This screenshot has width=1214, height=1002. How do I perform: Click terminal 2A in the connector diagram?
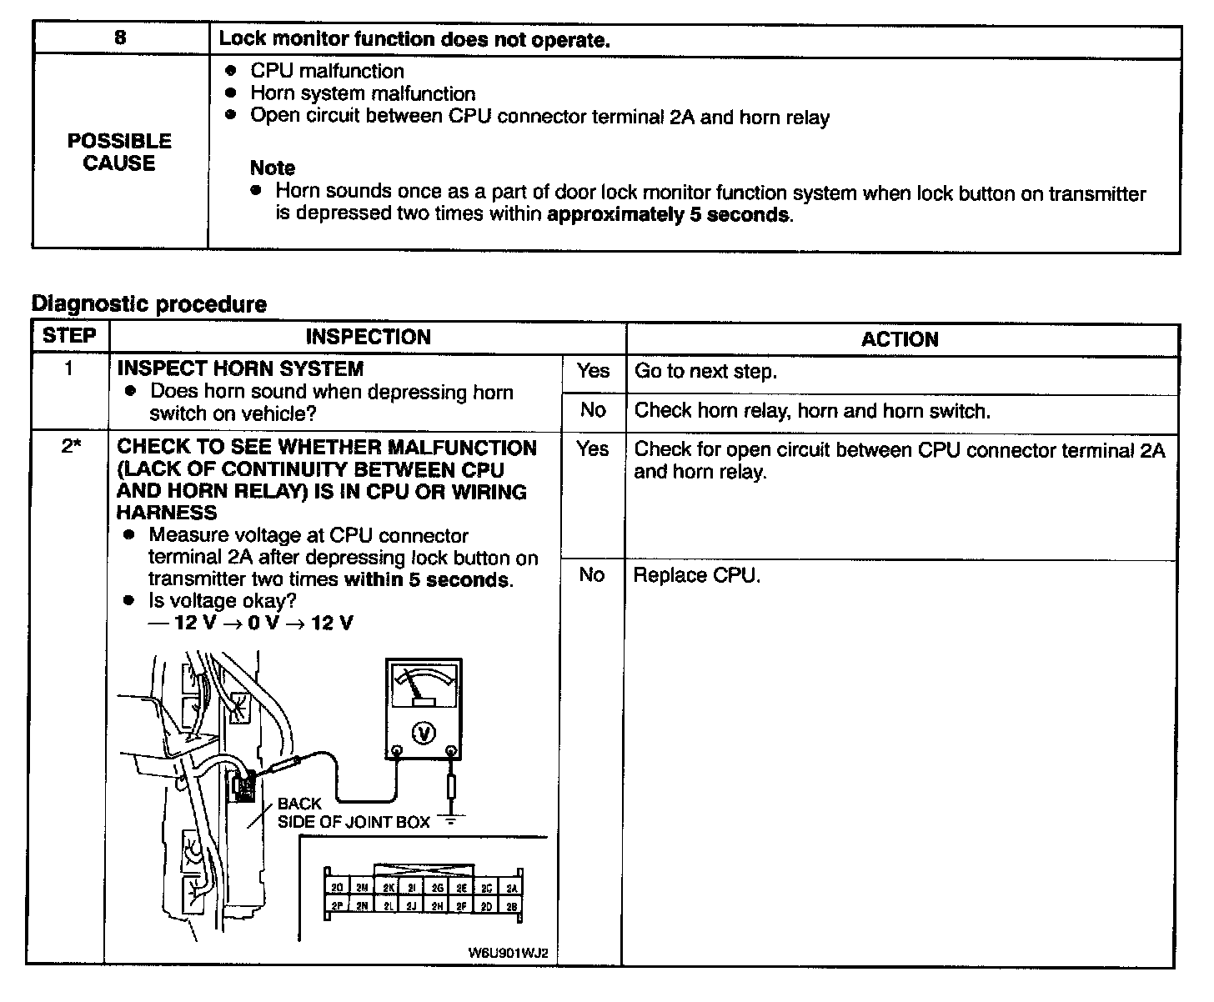pyautogui.click(x=512, y=889)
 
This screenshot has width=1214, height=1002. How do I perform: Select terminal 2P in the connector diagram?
pyautogui.click(x=337, y=906)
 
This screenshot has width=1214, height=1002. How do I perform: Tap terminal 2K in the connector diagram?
pyautogui.click(x=388, y=889)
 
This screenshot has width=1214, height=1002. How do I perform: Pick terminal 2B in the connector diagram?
pyautogui.click(x=512, y=906)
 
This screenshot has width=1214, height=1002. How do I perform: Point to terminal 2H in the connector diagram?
pyautogui.click(x=437, y=906)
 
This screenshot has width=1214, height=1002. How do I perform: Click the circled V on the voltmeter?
pyautogui.click(x=424, y=733)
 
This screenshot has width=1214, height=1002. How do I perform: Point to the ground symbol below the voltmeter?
pyautogui.click(x=451, y=819)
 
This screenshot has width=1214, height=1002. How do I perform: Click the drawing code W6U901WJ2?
pyautogui.click(x=508, y=953)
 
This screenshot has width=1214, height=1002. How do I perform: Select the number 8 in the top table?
pyautogui.click(x=121, y=38)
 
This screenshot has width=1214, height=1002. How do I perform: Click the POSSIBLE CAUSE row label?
pyautogui.click(x=120, y=152)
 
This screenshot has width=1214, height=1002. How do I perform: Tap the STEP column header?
pyautogui.click(x=70, y=336)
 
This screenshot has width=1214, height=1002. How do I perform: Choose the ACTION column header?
pyautogui.click(x=900, y=339)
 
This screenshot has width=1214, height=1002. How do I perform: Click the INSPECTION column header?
pyautogui.click(x=368, y=337)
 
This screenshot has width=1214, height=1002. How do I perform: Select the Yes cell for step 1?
pyautogui.click(x=593, y=371)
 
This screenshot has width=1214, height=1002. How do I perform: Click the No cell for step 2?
pyautogui.click(x=592, y=574)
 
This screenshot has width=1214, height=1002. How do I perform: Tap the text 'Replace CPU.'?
pyautogui.click(x=697, y=575)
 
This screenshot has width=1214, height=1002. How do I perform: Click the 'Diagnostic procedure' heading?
pyautogui.click(x=149, y=304)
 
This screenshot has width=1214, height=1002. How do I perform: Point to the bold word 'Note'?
pyautogui.click(x=273, y=168)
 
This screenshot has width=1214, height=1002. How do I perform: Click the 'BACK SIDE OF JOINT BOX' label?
pyautogui.click(x=353, y=813)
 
